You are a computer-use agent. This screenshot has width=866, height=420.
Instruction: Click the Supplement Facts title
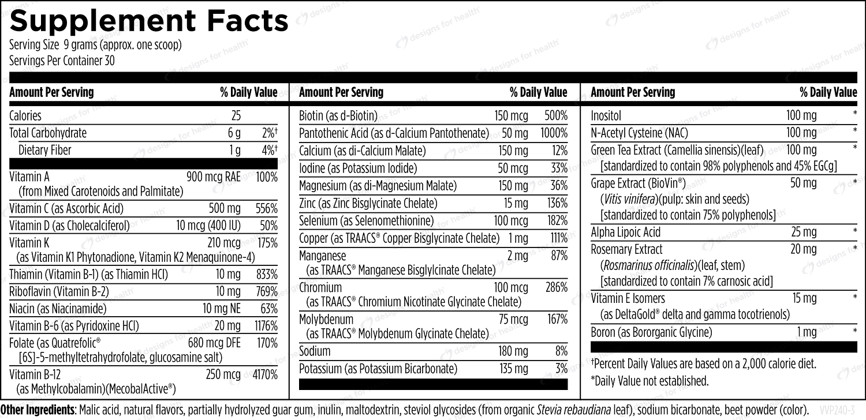click(x=149, y=21)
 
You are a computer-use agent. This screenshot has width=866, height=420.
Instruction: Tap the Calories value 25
click(x=236, y=115)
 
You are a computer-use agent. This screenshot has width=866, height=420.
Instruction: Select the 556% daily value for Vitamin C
click(x=266, y=209)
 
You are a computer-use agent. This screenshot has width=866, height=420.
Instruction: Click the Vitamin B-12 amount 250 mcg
click(x=223, y=374)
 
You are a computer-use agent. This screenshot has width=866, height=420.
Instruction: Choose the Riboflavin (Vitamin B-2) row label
click(x=59, y=291)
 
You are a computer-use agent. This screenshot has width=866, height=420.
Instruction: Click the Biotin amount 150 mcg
click(x=511, y=115)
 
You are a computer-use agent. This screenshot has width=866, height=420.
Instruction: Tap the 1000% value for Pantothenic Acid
click(x=554, y=133)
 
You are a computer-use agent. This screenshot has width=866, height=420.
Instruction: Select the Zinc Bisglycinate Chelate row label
click(x=368, y=203)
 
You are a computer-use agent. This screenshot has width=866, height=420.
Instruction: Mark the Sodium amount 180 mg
click(x=513, y=351)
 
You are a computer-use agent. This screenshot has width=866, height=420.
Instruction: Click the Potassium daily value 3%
click(x=561, y=369)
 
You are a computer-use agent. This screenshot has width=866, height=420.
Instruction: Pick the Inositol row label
click(x=606, y=115)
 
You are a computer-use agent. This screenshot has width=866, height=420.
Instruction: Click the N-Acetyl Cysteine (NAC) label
click(x=640, y=133)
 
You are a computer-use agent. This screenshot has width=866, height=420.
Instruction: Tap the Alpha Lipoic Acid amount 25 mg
click(x=804, y=232)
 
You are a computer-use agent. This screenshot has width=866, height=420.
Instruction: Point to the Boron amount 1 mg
click(x=807, y=332)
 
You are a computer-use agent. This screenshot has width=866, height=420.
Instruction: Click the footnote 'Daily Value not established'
click(x=650, y=381)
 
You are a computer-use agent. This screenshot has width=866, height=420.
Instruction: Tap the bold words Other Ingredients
click(x=38, y=410)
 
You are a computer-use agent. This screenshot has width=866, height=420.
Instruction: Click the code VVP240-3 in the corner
click(x=841, y=410)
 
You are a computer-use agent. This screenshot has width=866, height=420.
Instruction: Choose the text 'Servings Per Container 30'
click(x=62, y=61)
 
